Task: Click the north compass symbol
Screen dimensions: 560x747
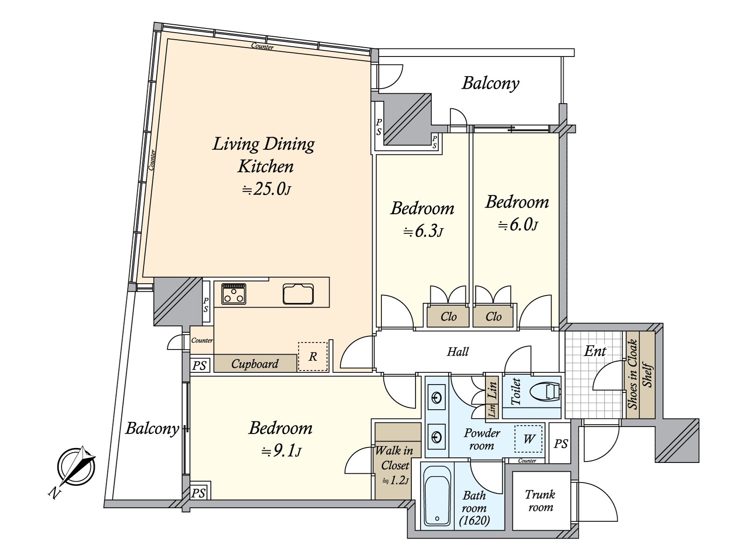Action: (76, 468)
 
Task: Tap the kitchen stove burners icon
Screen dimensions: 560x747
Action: (233, 294)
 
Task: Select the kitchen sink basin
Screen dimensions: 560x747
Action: (298, 294)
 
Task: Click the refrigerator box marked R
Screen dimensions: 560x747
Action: (312, 357)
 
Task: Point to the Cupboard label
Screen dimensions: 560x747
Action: (254, 364)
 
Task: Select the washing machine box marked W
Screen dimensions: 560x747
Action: (529, 439)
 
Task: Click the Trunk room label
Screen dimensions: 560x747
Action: (540, 500)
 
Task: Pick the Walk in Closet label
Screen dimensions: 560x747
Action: (394, 458)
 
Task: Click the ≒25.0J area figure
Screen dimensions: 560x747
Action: (266, 189)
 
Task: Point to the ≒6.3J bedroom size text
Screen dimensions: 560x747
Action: (423, 231)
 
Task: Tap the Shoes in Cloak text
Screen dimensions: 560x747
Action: (633, 374)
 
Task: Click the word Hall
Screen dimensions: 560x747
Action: (458, 351)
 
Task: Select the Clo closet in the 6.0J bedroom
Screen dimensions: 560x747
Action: (493, 317)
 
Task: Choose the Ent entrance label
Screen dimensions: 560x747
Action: (595, 351)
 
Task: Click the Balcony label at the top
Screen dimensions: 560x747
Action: (490, 83)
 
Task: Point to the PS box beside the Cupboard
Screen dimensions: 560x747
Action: (199, 365)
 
